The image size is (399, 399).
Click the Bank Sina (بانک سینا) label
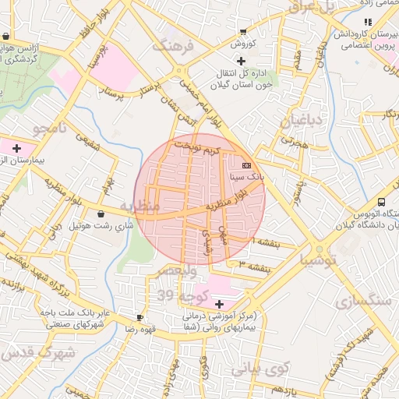[247, 178]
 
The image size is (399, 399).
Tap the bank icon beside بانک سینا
[247, 165]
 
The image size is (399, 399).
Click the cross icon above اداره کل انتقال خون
[242, 61]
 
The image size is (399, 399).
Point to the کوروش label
[243, 44]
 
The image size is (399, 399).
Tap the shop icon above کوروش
[243, 33]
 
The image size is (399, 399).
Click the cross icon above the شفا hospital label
[218, 302]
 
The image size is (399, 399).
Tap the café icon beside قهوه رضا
[139, 317]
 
